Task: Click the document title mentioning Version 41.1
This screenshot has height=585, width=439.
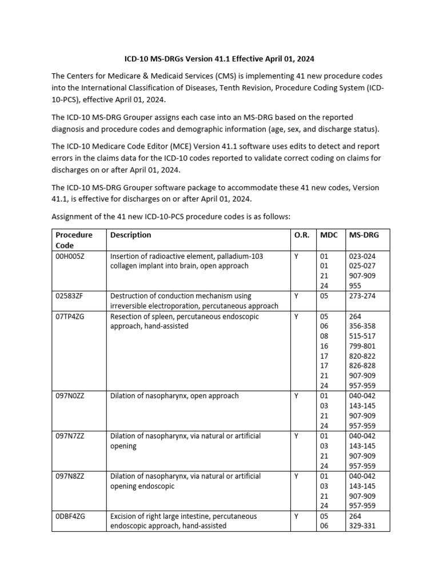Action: click(219, 59)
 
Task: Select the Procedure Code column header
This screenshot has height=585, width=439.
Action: click(74, 239)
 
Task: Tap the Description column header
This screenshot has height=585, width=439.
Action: click(130, 235)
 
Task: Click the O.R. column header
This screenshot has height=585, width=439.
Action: click(301, 235)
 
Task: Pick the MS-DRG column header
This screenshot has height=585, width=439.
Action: click(364, 235)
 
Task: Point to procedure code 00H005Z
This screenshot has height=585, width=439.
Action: click(70, 257)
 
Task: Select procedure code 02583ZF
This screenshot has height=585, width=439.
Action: click(69, 296)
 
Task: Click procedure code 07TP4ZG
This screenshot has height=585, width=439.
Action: click(70, 316)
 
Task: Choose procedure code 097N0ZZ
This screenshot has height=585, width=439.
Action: click(70, 396)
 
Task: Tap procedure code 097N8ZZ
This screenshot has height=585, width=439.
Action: click(69, 476)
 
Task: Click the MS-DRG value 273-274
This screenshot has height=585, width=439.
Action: click(362, 296)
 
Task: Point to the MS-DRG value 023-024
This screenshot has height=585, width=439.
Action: click(362, 257)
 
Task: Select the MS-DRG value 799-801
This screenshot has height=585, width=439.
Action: click(362, 346)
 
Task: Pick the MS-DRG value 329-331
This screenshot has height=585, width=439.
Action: click(362, 526)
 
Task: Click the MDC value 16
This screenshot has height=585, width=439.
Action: click(325, 346)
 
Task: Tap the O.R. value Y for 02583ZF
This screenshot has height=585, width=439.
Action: click(296, 296)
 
